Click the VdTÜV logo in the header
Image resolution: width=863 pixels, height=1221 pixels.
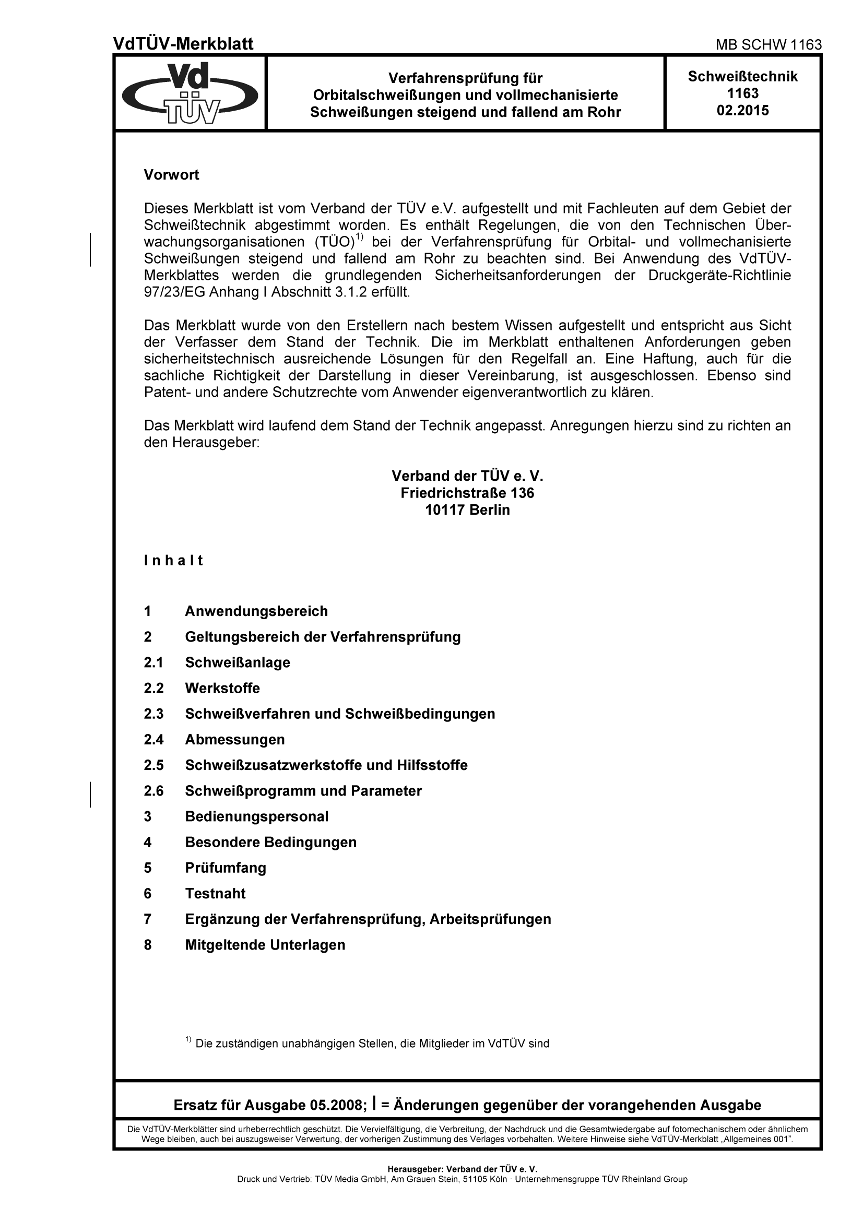[190, 93]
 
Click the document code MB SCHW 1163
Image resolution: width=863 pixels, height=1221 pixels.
[769, 45]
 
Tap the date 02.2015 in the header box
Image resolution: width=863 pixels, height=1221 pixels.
[743, 111]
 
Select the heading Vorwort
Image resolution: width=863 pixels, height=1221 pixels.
[171, 175]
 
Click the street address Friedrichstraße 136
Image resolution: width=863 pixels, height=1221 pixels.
[467, 493]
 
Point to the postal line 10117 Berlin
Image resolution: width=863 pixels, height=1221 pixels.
[467, 510]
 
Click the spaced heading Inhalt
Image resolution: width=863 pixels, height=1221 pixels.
[173, 561]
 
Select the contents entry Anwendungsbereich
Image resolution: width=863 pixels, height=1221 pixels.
[256, 611]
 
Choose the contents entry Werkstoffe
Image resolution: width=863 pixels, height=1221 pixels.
[222, 688]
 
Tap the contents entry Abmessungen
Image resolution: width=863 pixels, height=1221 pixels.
[234, 739]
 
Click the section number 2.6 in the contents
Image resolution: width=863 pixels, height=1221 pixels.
[153, 791]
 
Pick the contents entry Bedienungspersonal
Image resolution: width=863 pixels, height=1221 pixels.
[256, 816]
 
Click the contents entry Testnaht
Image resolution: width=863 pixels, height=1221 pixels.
[215, 893]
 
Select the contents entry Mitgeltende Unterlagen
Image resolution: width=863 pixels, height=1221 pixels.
[265, 944]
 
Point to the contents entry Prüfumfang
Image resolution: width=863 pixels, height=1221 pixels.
[226, 868]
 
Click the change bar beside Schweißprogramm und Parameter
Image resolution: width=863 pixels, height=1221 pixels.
[90, 795]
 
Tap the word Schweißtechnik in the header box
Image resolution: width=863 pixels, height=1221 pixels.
[743, 77]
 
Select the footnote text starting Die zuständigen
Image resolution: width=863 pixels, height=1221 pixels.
[372, 1044]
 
